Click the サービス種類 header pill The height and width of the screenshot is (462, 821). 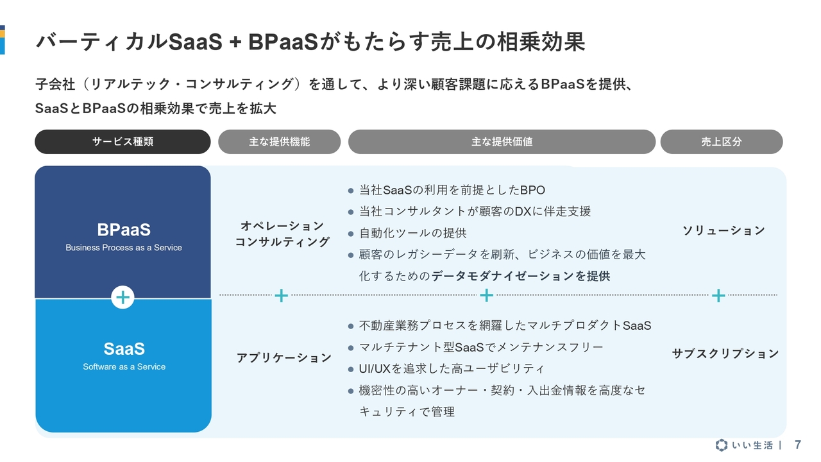point(123,142)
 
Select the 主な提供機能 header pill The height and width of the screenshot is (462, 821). point(279,142)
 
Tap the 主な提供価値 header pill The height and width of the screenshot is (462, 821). point(502,142)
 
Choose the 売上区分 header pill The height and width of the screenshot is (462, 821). point(722,142)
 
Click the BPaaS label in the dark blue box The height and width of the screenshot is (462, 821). point(124,230)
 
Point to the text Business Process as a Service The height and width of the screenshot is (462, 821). point(124,248)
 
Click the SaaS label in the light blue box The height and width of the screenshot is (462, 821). point(124,348)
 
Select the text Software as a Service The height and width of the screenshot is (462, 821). point(124,366)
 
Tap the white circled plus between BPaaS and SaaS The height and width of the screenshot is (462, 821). point(123,297)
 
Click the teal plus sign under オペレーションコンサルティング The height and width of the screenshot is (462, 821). point(281,296)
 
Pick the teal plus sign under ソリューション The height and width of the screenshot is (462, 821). point(718,296)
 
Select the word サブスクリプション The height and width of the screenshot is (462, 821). point(725,354)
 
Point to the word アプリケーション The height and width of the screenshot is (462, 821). point(284,357)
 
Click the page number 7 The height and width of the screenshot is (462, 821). point(798,445)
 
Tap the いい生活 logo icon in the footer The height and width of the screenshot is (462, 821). point(722,445)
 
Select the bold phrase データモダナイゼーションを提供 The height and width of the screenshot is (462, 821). point(521,276)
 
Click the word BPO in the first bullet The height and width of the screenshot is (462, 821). point(532,191)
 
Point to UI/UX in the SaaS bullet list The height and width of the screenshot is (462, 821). point(375,369)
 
